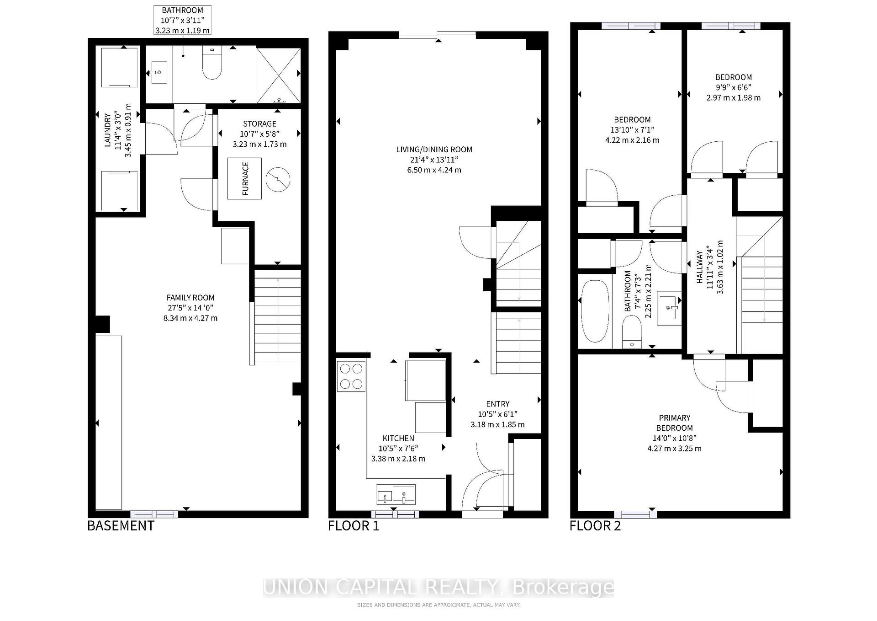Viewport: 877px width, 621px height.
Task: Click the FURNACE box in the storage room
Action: coord(244,178)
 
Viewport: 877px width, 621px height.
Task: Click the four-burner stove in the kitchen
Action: coord(351,376)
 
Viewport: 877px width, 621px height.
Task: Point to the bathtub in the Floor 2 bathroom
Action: coord(595,311)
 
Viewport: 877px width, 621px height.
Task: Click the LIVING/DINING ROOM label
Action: coord(434,150)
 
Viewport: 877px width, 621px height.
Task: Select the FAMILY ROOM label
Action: coord(190,298)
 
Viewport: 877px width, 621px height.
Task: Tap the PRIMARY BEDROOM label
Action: coord(674,423)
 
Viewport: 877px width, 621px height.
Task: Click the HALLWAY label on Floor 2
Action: coord(699,267)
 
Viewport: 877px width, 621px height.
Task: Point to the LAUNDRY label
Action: coord(108,130)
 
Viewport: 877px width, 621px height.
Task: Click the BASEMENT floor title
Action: coord(121,526)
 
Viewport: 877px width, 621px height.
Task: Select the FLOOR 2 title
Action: coord(595,526)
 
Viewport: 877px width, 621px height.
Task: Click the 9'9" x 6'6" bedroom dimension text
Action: coord(733,87)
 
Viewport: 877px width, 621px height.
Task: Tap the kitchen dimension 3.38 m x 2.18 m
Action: coord(398,459)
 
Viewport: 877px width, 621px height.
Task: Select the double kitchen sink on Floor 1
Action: coord(396,494)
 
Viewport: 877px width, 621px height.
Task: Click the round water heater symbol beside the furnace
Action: coord(278,179)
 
